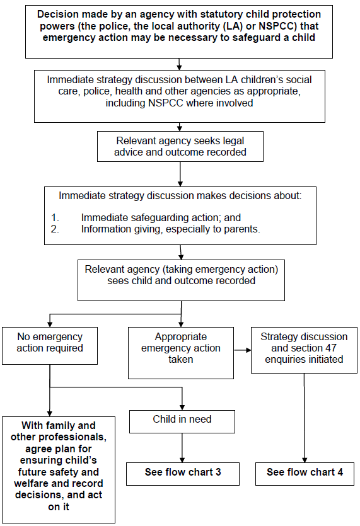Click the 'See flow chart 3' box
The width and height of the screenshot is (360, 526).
(x=183, y=472)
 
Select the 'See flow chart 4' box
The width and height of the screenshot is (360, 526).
(x=305, y=472)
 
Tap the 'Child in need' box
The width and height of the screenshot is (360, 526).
(x=182, y=420)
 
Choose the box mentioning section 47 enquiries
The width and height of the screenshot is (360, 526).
(x=304, y=348)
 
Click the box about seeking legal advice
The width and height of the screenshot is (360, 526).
(x=180, y=146)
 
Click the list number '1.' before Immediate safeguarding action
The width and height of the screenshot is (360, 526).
(x=56, y=217)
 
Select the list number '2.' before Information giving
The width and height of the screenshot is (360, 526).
(x=56, y=229)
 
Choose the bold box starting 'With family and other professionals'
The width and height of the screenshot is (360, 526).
(x=58, y=469)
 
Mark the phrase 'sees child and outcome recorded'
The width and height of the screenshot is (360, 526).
(x=182, y=280)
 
